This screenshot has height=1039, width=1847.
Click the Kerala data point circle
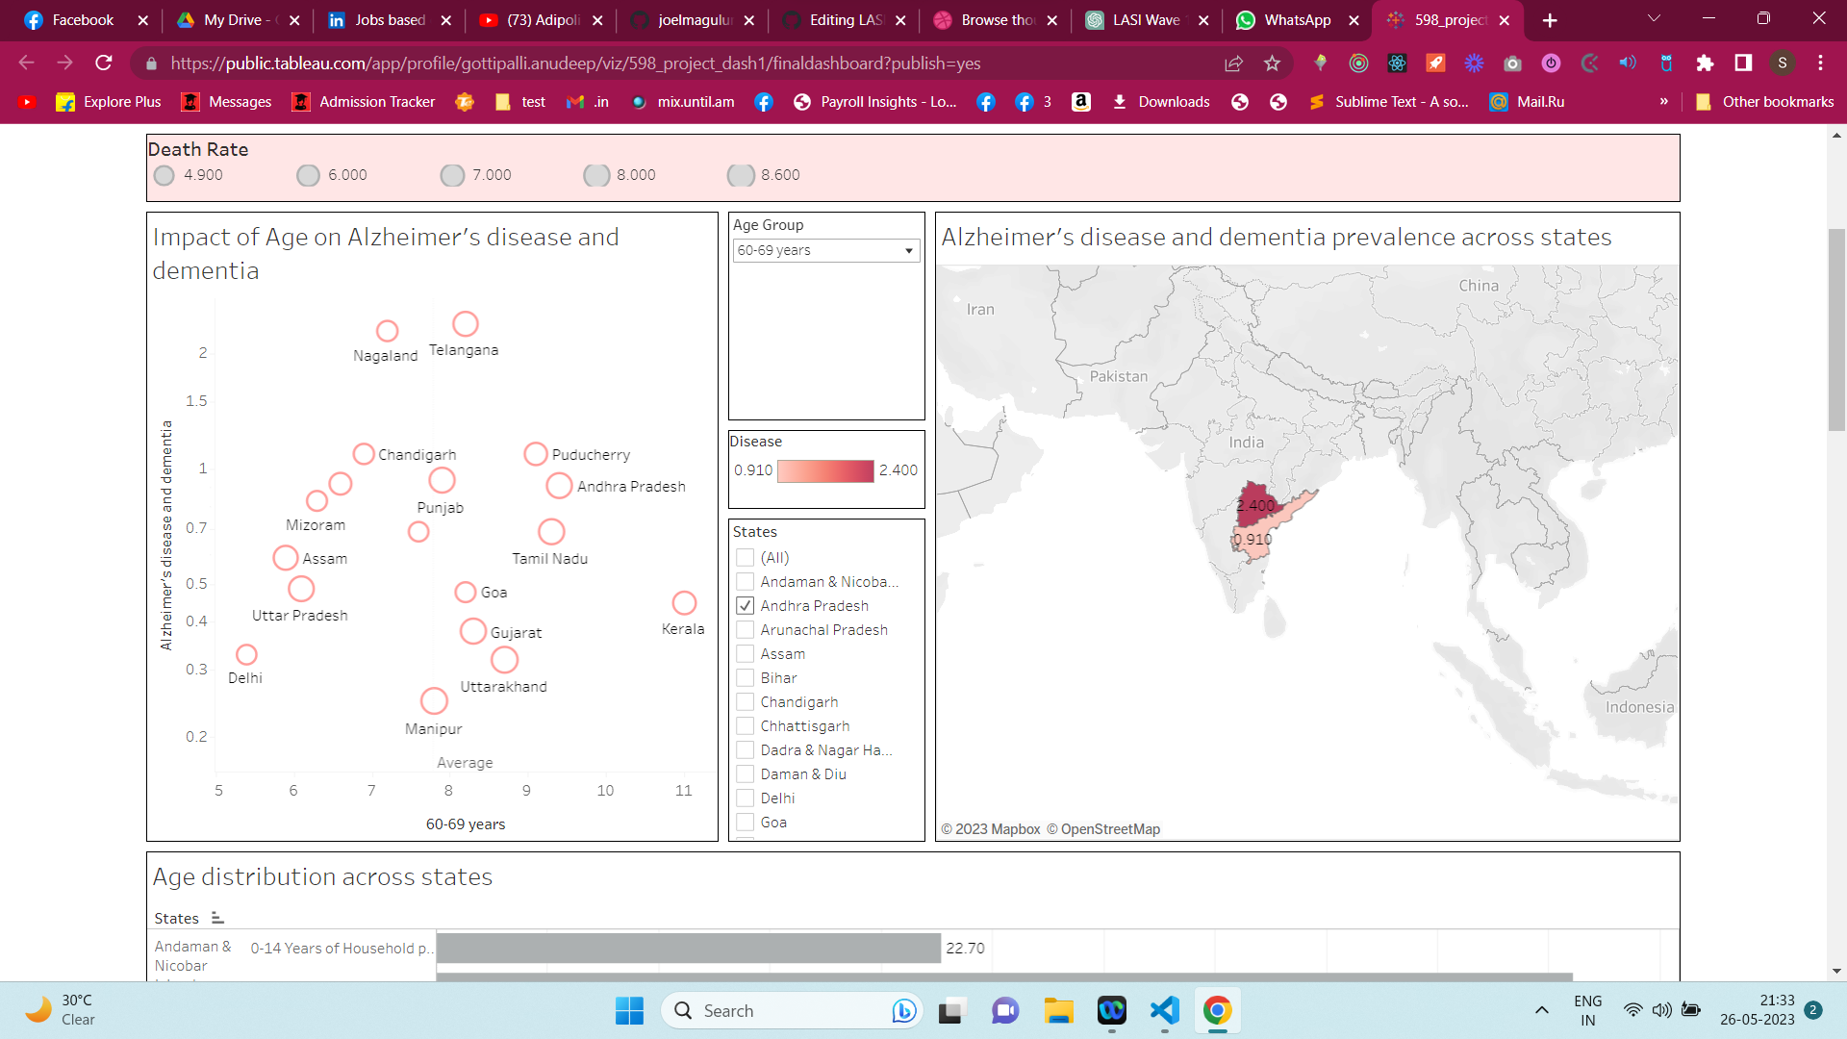(x=684, y=603)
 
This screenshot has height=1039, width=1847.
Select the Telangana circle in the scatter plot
(x=466, y=324)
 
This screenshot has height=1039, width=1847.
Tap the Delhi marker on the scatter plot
(x=246, y=655)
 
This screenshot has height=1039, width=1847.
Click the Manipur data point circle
(x=434, y=701)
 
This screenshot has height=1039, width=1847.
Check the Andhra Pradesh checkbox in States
(x=746, y=606)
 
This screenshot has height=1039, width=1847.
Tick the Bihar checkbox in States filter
(x=746, y=678)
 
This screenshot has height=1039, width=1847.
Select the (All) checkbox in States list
(x=746, y=558)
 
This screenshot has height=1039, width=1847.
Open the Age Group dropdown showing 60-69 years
(x=825, y=251)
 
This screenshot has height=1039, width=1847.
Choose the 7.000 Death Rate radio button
(x=452, y=175)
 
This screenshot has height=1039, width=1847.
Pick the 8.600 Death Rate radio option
(x=741, y=175)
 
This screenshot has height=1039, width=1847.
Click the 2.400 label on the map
(x=1255, y=506)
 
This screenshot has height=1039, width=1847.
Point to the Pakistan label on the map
(x=1119, y=377)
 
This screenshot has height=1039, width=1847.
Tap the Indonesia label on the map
(x=1639, y=707)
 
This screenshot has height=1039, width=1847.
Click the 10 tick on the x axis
(x=605, y=791)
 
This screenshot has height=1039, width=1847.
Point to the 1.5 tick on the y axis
(x=196, y=401)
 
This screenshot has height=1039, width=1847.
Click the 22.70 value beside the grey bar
(x=965, y=949)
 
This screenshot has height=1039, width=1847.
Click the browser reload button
(x=104, y=63)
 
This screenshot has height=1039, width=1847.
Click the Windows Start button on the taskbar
(x=629, y=1011)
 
